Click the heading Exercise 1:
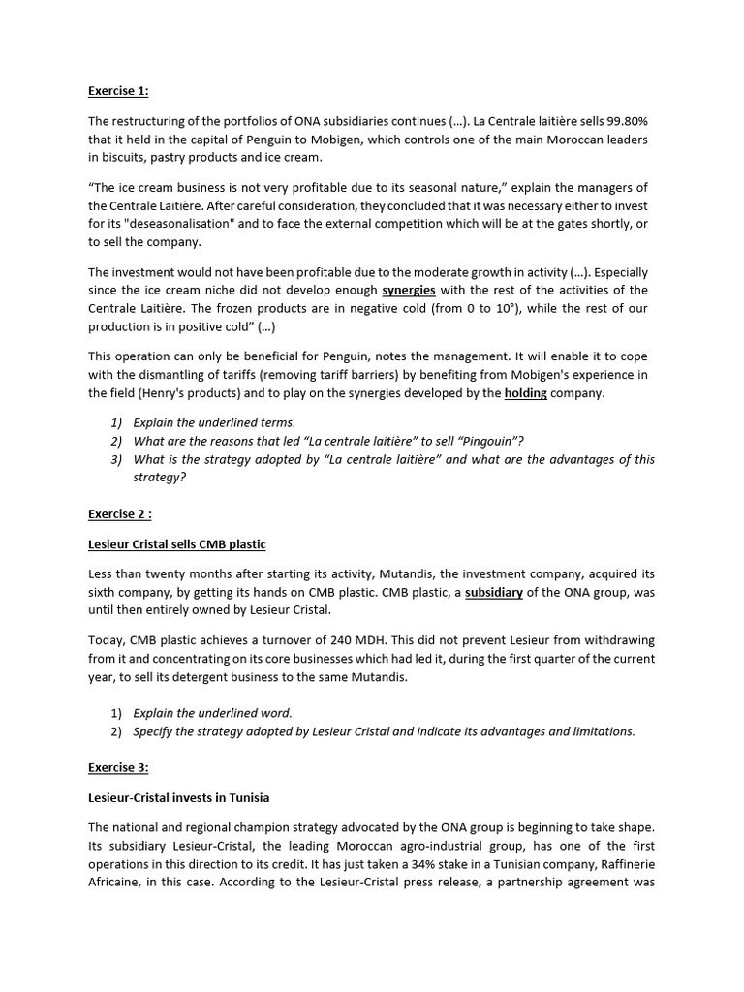point(118,91)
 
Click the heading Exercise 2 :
point(120,514)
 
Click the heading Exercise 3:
point(118,767)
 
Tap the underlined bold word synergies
point(409,290)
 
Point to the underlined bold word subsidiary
point(494,593)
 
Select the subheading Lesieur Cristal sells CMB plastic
point(176,544)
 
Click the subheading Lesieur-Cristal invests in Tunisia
point(178,797)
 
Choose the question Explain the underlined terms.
point(214,423)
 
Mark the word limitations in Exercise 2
point(600,730)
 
